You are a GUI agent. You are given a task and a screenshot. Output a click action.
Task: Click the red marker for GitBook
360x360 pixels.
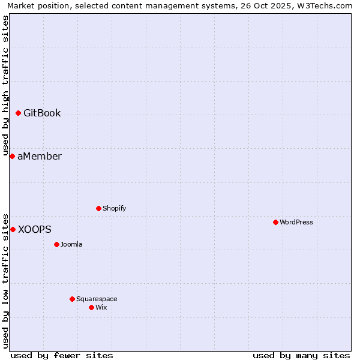[x=18, y=113]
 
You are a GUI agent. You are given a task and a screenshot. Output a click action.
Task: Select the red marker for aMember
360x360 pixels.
[x=12, y=156]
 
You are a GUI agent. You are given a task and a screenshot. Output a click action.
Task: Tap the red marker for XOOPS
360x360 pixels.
[x=13, y=229]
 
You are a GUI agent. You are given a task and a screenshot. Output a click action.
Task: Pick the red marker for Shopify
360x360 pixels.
[x=98, y=208]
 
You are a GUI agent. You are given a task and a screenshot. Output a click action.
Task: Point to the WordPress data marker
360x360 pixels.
[x=275, y=222]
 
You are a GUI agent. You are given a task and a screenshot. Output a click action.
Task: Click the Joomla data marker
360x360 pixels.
[x=56, y=244]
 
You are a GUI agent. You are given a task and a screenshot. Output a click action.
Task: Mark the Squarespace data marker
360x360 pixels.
[x=72, y=299]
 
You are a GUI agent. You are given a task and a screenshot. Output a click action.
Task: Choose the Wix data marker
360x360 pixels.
[x=91, y=307]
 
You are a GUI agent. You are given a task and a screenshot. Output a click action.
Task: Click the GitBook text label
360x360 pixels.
[x=42, y=113]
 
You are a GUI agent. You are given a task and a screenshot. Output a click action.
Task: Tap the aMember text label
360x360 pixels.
[x=40, y=156]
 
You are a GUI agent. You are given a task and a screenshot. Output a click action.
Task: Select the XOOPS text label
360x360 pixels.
[x=35, y=229]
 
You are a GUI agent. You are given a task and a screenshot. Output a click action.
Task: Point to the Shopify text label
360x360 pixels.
[x=114, y=208]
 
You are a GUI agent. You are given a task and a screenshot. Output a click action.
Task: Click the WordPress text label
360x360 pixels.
[x=296, y=222]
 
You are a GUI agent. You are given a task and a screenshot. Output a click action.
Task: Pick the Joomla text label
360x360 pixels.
[x=71, y=244]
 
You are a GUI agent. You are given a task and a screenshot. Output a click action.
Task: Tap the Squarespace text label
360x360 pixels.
[x=97, y=299]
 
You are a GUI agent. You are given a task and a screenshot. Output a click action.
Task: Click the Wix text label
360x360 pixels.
[x=101, y=307]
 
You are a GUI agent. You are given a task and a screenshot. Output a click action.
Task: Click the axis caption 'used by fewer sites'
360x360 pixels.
[x=62, y=355]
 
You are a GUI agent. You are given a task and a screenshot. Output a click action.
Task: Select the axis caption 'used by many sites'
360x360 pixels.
[x=301, y=355]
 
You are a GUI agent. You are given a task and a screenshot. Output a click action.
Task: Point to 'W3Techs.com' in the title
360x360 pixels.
[x=326, y=6]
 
